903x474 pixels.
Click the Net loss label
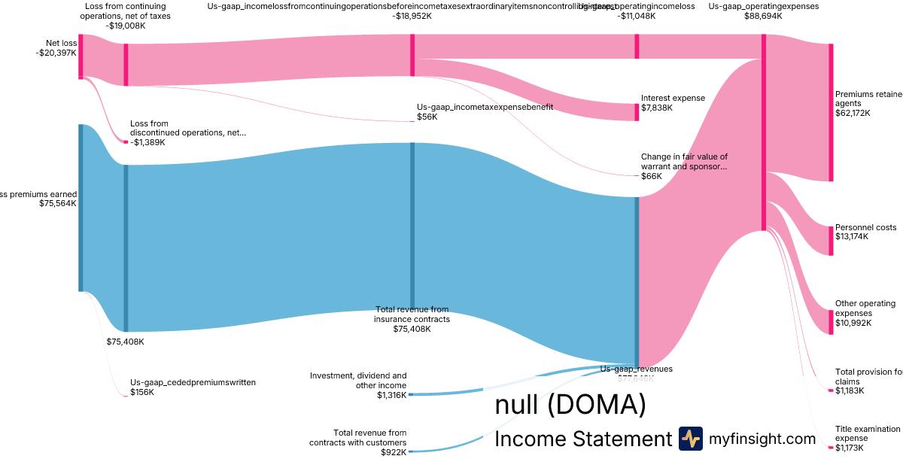pyautogui.click(x=60, y=43)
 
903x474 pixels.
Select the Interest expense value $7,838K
pyautogui.click(x=657, y=108)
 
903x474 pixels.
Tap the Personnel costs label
pyautogui.click(x=865, y=227)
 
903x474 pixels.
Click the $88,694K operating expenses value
pyautogui.click(x=764, y=16)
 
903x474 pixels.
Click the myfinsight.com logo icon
pyautogui.click(x=690, y=439)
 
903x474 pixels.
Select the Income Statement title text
pyautogui.click(x=582, y=439)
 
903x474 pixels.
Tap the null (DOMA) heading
pyautogui.click(x=570, y=406)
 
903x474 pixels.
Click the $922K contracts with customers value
pyautogui.click(x=392, y=452)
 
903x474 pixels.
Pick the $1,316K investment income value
pyautogui.click(x=391, y=395)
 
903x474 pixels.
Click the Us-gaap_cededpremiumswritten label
pyautogui.click(x=193, y=382)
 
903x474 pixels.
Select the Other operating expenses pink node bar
pyautogui.click(x=831, y=311)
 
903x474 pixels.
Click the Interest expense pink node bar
pyautogui.click(x=637, y=111)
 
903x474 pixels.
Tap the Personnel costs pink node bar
pyautogui.click(x=831, y=240)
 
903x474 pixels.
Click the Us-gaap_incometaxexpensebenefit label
pyautogui.click(x=485, y=107)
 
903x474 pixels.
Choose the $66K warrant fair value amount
pyautogui.click(x=651, y=176)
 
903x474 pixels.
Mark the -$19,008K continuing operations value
pyautogui.click(x=126, y=25)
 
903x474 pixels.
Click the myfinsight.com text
pyautogui.click(x=762, y=439)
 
